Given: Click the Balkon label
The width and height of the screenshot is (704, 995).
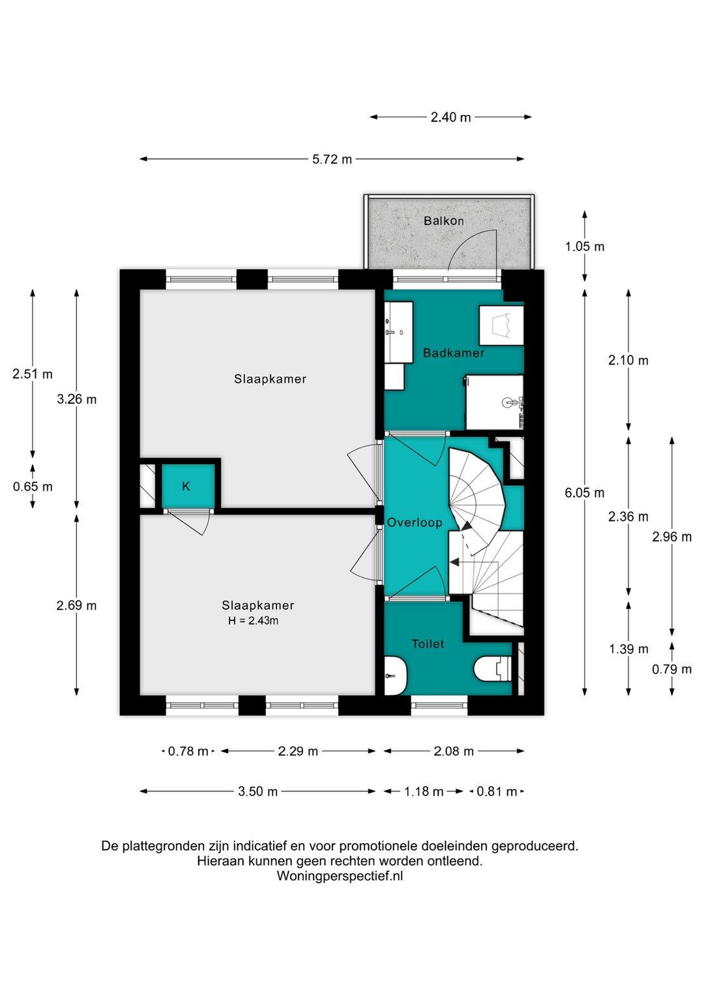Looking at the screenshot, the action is pyautogui.click(x=443, y=221).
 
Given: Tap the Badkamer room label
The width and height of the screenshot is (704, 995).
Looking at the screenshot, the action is pyautogui.click(x=453, y=353).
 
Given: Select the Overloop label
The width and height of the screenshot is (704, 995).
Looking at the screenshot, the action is pyautogui.click(x=415, y=522).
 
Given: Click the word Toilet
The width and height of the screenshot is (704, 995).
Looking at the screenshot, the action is pyautogui.click(x=428, y=644).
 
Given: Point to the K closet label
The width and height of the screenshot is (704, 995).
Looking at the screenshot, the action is pyautogui.click(x=186, y=486).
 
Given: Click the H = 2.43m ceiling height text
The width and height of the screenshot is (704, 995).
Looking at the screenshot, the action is pyautogui.click(x=253, y=621).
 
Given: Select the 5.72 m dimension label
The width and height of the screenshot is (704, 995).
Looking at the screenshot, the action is pyautogui.click(x=332, y=159).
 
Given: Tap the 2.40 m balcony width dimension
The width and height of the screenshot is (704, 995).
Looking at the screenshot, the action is pyautogui.click(x=450, y=117).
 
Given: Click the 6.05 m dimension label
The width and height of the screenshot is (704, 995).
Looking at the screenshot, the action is pyautogui.click(x=585, y=493).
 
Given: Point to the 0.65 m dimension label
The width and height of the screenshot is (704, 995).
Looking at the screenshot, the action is pyautogui.click(x=33, y=487).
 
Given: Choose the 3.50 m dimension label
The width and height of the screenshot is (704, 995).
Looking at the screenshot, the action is pyautogui.click(x=257, y=792).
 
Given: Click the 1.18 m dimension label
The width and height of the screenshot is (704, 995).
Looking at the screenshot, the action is pyautogui.click(x=424, y=792).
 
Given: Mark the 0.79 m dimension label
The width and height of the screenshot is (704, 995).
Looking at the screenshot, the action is pyautogui.click(x=671, y=670).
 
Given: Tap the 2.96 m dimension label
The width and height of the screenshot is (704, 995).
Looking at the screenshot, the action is pyautogui.click(x=671, y=537).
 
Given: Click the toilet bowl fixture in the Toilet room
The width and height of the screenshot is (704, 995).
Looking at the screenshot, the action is pyautogui.click(x=493, y=668).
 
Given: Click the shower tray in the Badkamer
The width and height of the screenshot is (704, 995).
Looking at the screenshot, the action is pyautogui.click(x=494, y=402).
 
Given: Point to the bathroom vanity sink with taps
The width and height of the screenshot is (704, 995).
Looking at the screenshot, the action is pyautogui.click(x=398, y=333).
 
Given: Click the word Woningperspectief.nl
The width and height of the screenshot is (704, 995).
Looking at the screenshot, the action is pyautogui.click(x=340, y=876).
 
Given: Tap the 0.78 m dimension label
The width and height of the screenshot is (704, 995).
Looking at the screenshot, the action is pyautogui.click(x=188, y=752).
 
